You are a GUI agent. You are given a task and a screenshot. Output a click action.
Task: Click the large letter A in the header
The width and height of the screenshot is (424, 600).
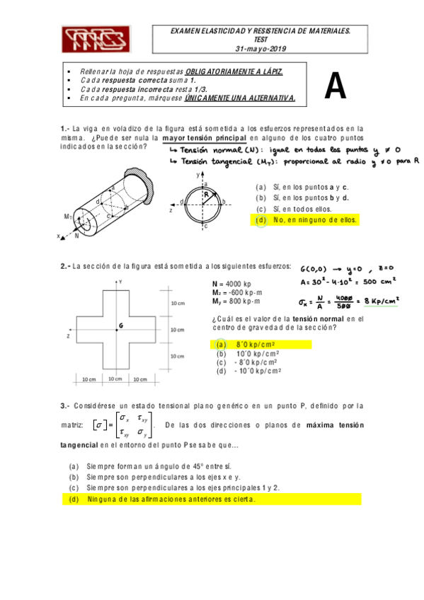click(335, 86)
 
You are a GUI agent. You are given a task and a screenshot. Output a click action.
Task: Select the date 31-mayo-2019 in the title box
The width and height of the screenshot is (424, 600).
click(260, 50)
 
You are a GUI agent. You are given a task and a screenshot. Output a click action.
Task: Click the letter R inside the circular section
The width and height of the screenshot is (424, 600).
click(206, 192)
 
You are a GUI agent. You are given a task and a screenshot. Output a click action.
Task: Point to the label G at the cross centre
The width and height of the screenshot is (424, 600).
click(122, 325)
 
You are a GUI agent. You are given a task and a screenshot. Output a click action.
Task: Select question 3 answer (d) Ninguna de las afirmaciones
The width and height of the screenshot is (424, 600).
click(170, 500)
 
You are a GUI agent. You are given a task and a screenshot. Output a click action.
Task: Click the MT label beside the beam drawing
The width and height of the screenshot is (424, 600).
click(68, 216)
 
